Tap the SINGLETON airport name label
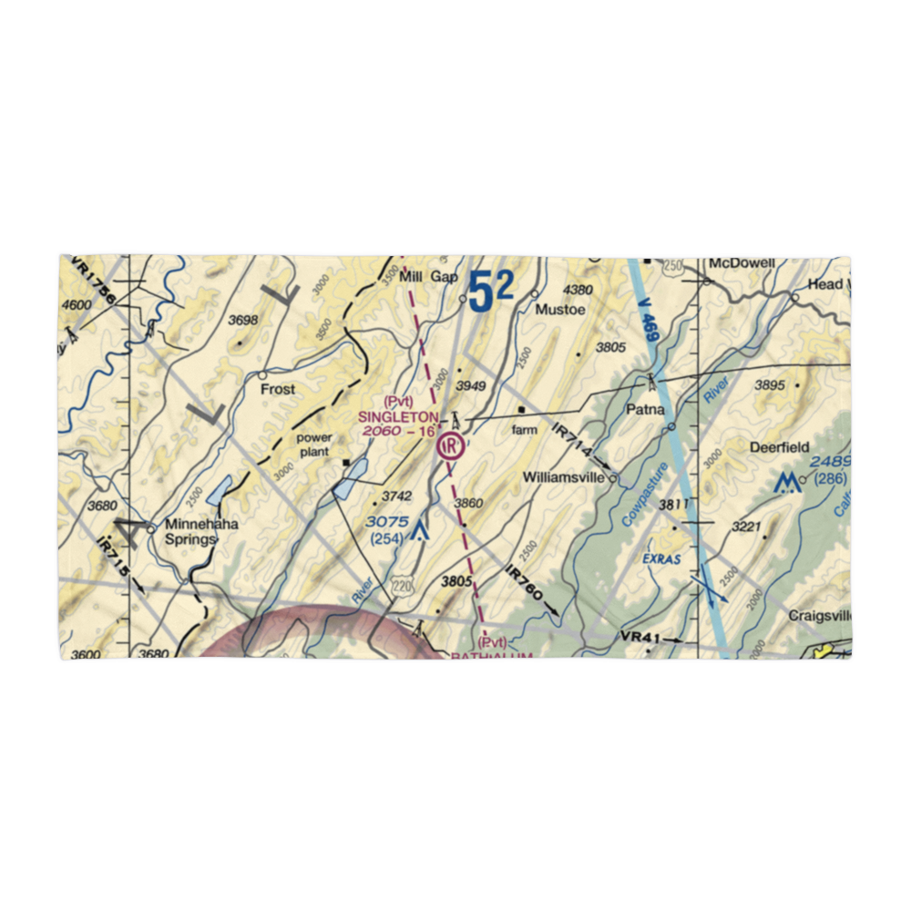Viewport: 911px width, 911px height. [x=397, y=416]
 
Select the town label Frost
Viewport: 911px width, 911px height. [x=278, y=389]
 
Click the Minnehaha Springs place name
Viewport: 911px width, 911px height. [x=189, y=531]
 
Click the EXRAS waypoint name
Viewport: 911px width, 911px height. [x=660, y=558]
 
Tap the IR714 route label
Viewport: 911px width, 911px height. [x=573, y=442]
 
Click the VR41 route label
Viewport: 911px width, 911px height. [x=639, y=638]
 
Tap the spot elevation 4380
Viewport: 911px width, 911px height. [x=578, y=290]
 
